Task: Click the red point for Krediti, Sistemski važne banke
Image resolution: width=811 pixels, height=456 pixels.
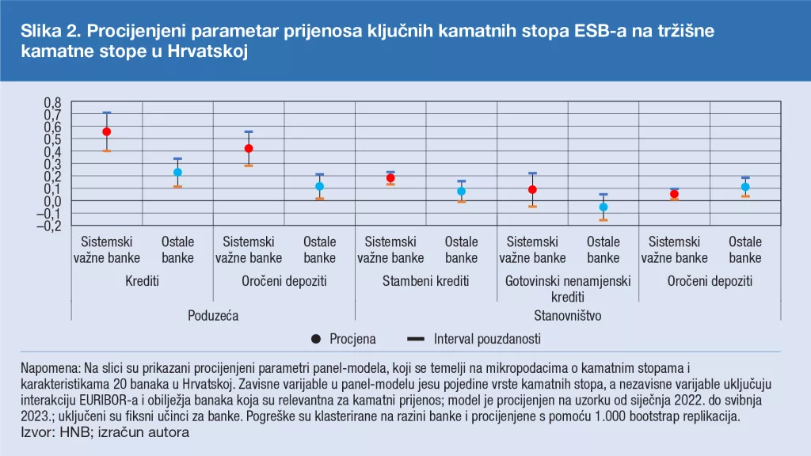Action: pos(106,131)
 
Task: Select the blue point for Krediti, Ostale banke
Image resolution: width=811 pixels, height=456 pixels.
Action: pos(177,172)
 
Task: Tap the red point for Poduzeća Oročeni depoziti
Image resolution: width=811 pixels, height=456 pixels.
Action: pos(249,148)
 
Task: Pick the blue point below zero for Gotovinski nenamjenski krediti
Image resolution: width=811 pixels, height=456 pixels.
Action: pos(603,207)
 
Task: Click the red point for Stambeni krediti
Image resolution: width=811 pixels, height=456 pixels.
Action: pos(390,178)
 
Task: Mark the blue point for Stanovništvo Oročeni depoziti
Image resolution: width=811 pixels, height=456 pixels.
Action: pos(745,187)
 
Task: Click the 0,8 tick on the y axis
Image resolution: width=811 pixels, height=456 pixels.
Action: pos(51,103)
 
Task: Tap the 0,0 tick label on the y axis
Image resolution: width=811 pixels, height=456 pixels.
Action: pos(51,201)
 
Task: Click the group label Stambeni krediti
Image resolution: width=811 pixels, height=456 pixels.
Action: pos(425,281)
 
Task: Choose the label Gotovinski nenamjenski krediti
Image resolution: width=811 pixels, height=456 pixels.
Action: pos(568,289)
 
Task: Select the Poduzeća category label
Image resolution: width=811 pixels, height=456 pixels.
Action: pos(213,315)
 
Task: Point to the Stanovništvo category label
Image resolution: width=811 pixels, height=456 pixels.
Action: pos(568,315)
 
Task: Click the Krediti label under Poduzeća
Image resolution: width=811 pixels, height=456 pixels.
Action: pos(142,281)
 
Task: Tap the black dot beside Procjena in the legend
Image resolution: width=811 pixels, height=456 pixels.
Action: pos(316,339)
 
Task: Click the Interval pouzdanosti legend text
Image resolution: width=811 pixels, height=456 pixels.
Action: pos(487,339)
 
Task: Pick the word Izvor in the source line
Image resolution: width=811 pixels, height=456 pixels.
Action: pos(36,433)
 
